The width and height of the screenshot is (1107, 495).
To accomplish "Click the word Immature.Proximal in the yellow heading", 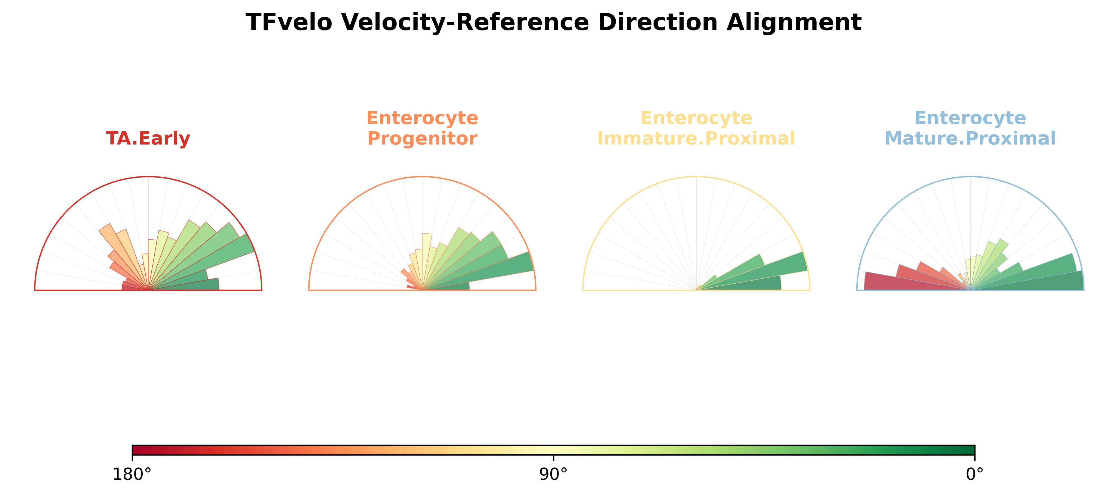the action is [696, 139].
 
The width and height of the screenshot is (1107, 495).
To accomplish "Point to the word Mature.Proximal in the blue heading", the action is [970, 139].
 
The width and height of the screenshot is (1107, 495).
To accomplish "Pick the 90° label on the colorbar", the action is [554, 474].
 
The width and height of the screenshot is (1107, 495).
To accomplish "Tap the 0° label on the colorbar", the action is [975, 474].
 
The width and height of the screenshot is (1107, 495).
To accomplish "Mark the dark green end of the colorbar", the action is [969, 450].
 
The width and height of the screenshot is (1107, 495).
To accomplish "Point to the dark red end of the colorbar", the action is [138, 450].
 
